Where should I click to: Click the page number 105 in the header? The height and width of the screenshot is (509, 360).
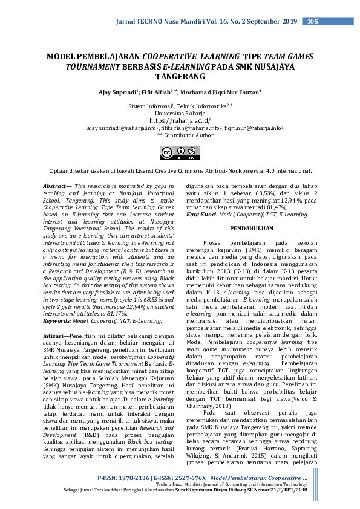point(312,22)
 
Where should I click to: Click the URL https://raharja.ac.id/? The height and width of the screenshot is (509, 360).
point(180,120)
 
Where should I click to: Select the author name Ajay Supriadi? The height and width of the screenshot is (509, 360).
point(118,92)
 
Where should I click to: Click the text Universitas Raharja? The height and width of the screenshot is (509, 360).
point(180,113)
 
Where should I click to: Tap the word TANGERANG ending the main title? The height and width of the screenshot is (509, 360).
point(180,77)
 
